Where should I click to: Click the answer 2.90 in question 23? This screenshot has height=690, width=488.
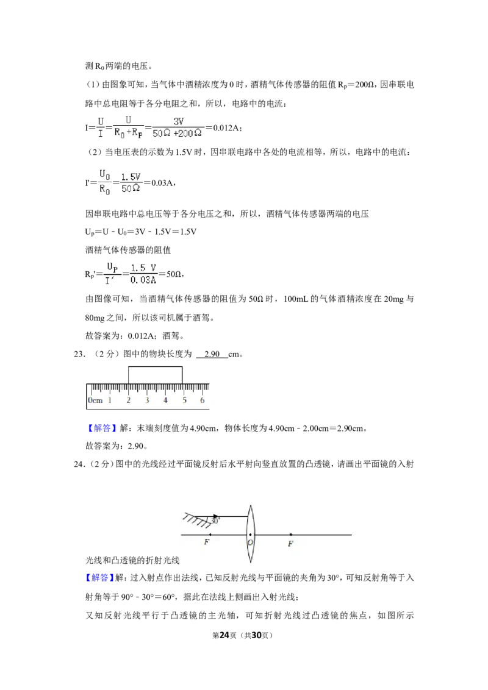tap(212, 354)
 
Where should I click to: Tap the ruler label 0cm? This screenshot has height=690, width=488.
tap(95, 400)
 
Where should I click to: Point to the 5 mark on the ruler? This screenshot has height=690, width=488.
tap(185, 400)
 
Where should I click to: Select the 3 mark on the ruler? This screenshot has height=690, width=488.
tap(147, 400)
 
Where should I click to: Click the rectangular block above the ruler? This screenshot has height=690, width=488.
tap(155, 375)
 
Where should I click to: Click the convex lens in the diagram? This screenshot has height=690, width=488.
tap(250, 534)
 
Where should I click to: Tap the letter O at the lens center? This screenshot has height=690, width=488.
tap(250, 542)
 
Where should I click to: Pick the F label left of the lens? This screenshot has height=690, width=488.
tap(207, 542)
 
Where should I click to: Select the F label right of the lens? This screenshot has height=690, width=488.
tap(290, 544)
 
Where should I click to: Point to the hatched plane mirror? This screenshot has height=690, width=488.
tap(197, 519)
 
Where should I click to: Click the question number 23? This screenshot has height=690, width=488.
tap(79, 354)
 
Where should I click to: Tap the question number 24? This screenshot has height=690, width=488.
tap(79, 464)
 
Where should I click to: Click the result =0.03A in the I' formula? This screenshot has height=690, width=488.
tap(160, 183)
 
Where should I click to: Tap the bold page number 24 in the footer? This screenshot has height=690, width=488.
tap(224, 635)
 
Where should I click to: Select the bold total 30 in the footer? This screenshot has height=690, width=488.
tap(256, 635)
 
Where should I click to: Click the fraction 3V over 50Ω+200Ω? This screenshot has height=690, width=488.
tap(178, 127)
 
